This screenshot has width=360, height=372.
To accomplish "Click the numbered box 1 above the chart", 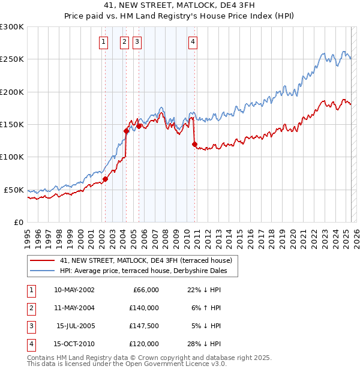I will (x=104, y=41).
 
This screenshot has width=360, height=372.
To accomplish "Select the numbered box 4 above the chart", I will (x=193, y=41).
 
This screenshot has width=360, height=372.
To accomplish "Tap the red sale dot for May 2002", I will (x=105, y=179).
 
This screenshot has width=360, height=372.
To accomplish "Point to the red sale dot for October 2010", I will (x=194, y=143).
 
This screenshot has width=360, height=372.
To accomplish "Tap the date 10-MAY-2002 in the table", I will (x=74, y=290).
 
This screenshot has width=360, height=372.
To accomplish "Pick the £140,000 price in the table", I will (x=145, y=308).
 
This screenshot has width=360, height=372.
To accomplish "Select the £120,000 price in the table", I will (x=145, y=344).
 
